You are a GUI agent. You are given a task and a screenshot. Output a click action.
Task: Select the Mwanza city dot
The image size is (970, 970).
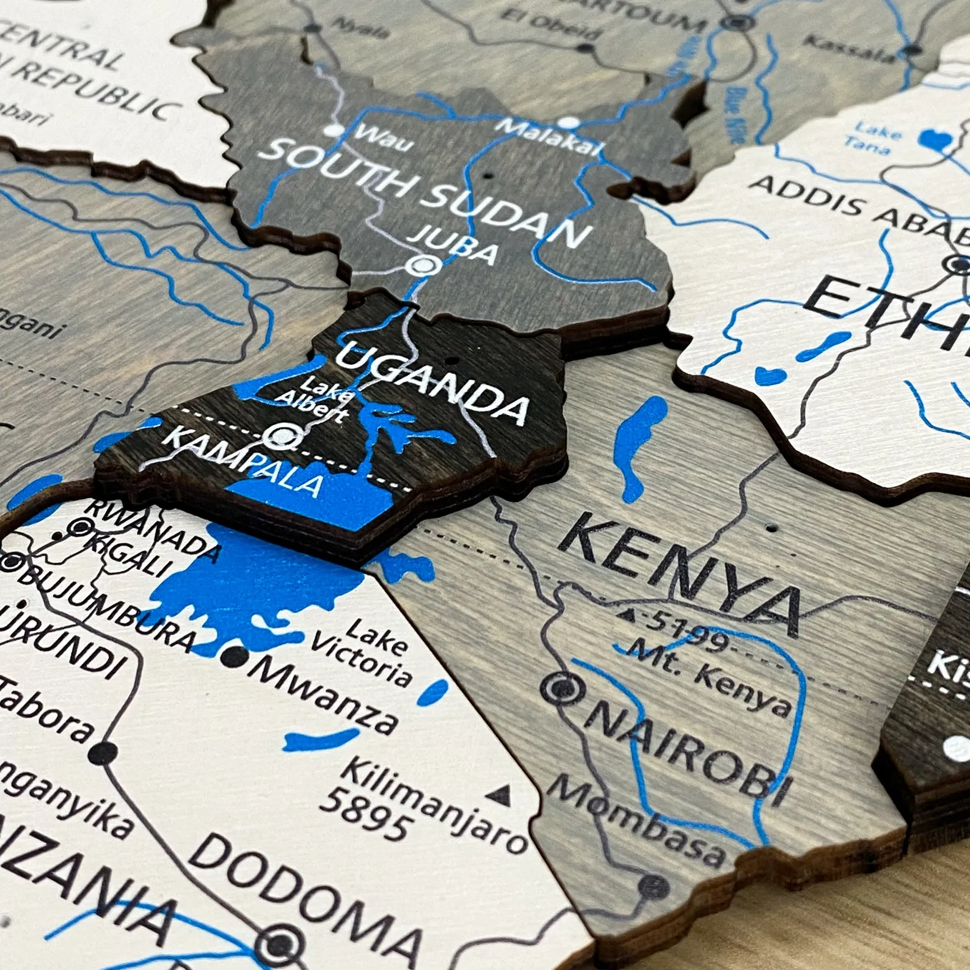pyautogui.click(x=235, y=657)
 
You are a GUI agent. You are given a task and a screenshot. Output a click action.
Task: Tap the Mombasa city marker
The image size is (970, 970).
pyautogui.click(x=654, y=884)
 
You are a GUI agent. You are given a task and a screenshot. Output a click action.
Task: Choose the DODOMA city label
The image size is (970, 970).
pyautogui.click(x=305, y=898)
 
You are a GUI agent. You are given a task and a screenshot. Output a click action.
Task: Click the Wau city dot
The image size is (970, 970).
pyautogui.click(x=333, y=129)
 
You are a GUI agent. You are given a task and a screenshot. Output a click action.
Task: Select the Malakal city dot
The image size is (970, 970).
pyautogui.click(x=569, y=122)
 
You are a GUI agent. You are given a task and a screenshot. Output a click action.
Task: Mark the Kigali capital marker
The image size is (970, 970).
pyautogui.click(x=80, y=526)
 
